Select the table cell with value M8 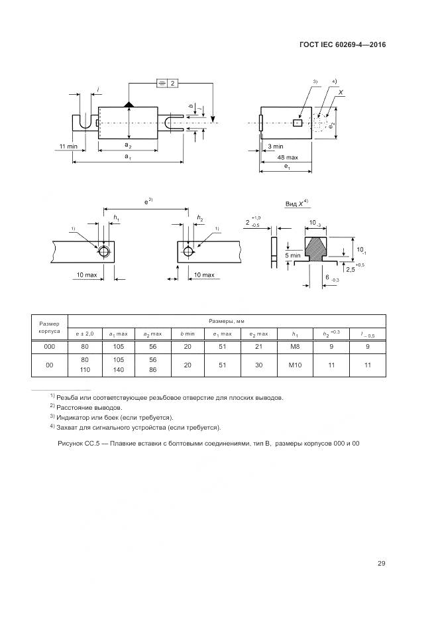[x=295, y=345]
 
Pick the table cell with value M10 [x=295, y=365]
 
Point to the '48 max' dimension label [x=287, y=157]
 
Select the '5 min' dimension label [x=292, y=255]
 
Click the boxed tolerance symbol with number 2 [x=167, y=83]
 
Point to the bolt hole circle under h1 [x=104, y=251]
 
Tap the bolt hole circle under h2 [x=188, y=251]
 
